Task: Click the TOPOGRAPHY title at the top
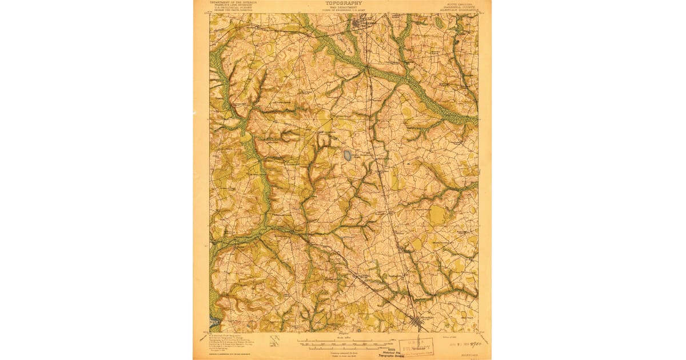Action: [x=344, y=3]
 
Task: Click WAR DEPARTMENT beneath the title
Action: [x=344, y=7]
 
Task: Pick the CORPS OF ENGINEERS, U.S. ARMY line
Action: [x=344, y=10]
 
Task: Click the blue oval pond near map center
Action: [x=347, y=155]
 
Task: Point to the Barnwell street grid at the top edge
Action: [x=361, y=24]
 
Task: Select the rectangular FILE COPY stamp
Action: [x=417, y=346]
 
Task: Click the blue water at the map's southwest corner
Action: [x=214, y=323]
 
